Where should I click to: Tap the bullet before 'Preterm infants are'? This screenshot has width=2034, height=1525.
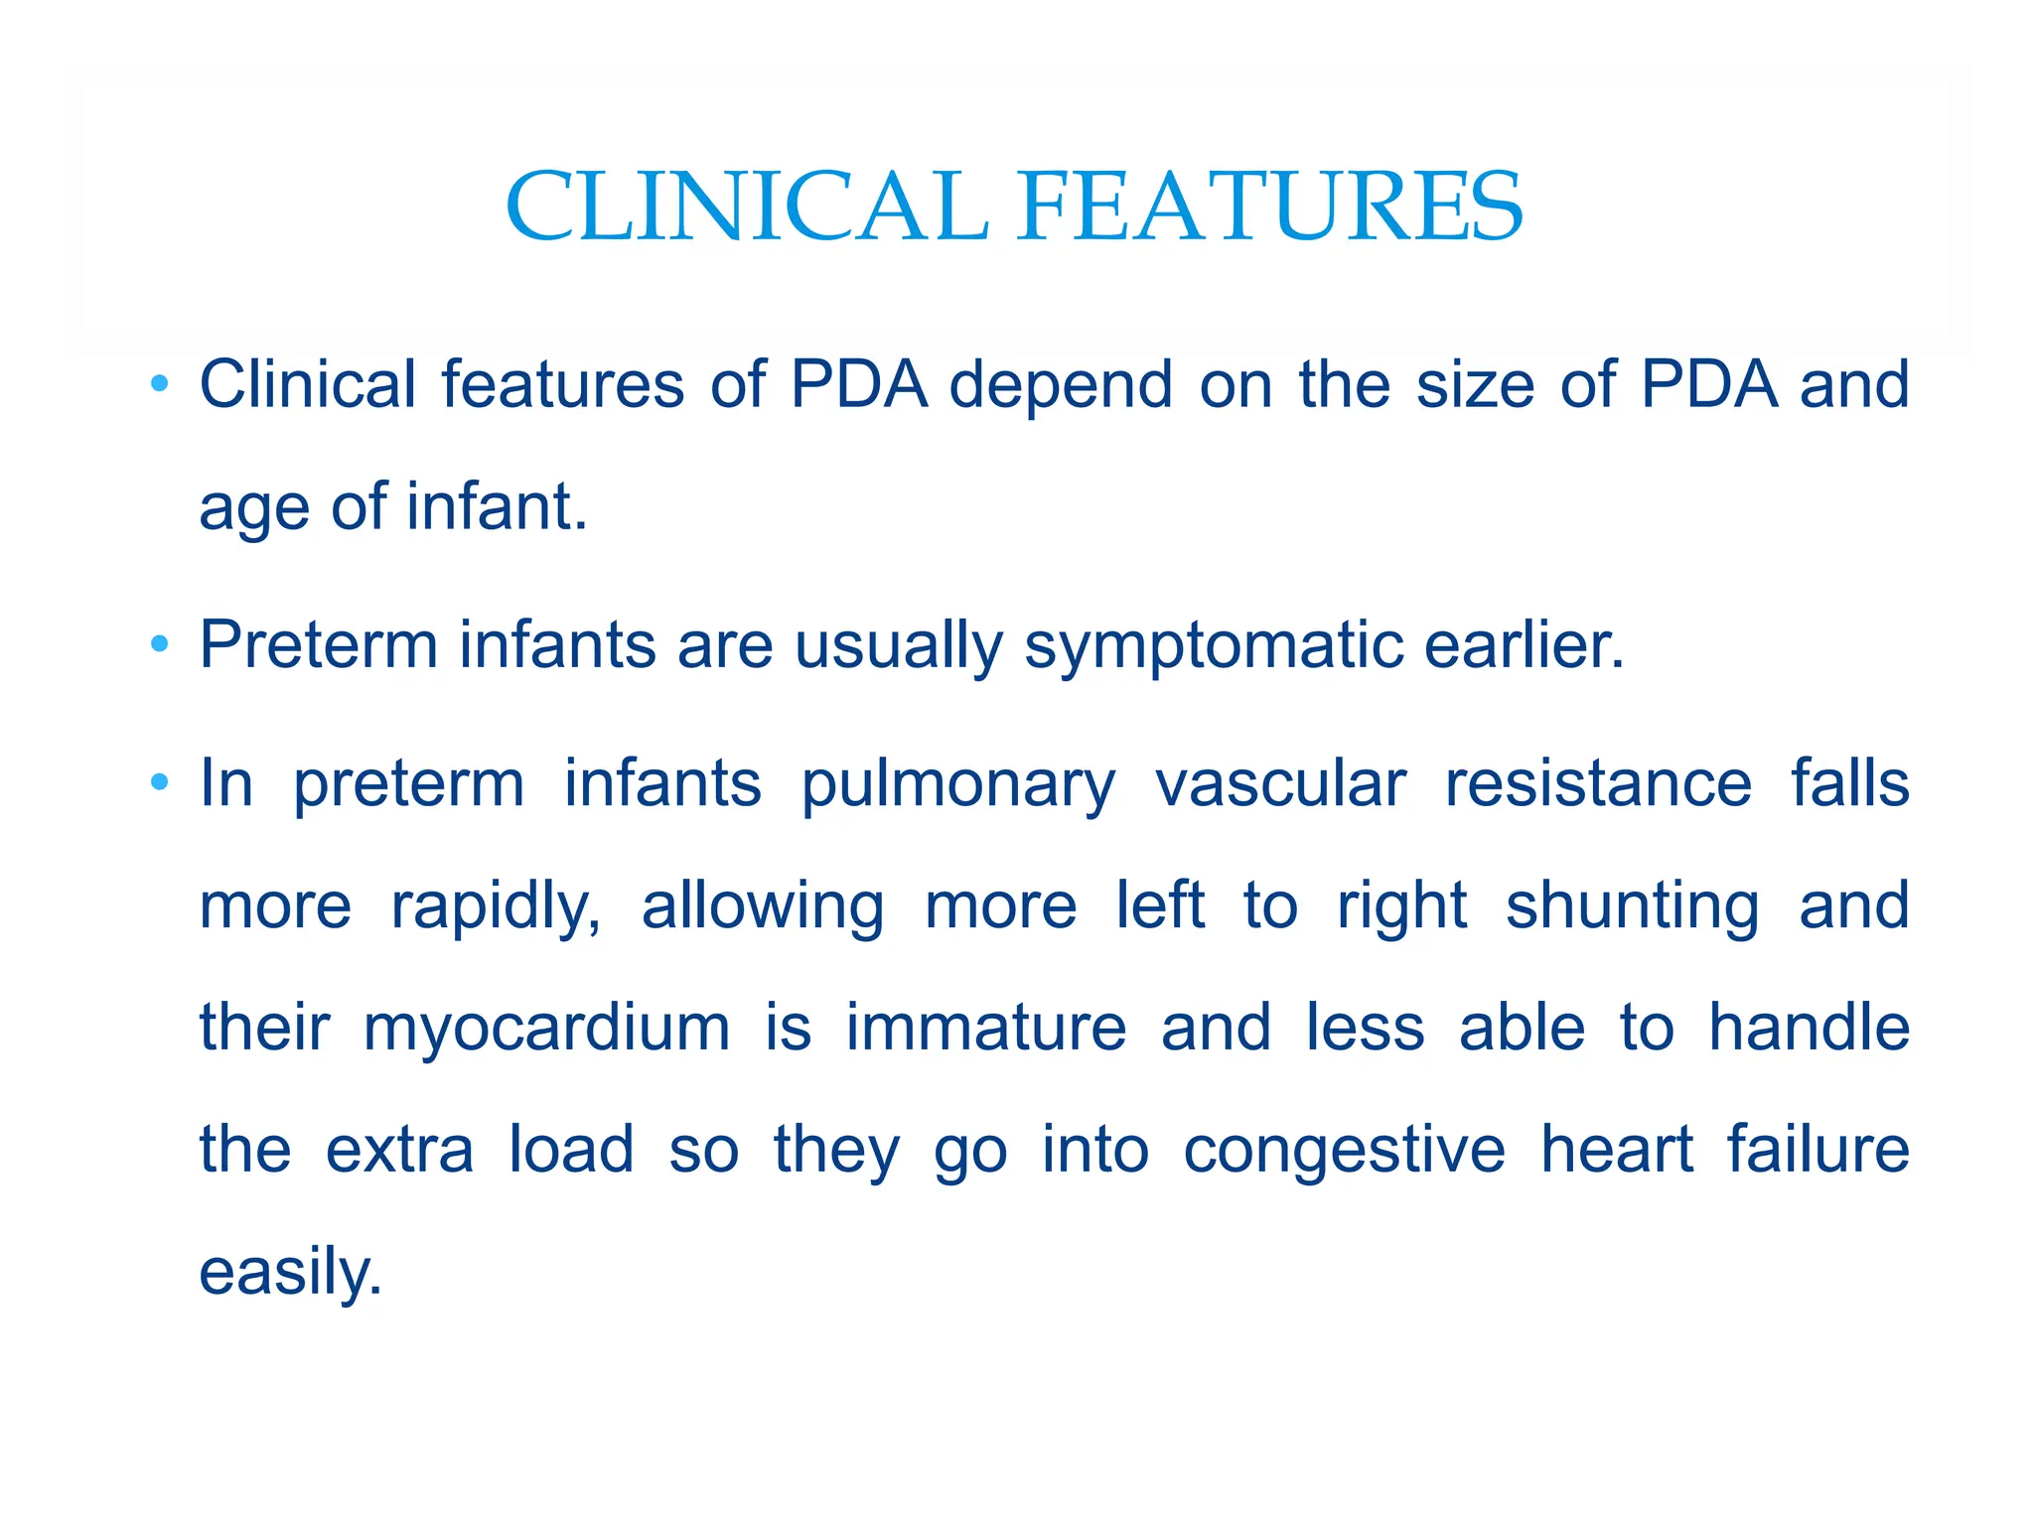tap(159, 645)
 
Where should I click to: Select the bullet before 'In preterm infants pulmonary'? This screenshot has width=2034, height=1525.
tap(159, 783)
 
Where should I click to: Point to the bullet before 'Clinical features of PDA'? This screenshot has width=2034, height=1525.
tap(159, 384)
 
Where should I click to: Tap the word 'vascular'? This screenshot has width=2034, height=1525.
tap(1280, 784)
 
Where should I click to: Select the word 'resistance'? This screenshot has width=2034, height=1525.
tap(1598, 784)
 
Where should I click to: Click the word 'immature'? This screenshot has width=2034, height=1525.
tap(985, 1028)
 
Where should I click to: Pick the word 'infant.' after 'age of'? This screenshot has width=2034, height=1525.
tap(497, 506)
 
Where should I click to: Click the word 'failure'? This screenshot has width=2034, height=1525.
tap(1817, 1150)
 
